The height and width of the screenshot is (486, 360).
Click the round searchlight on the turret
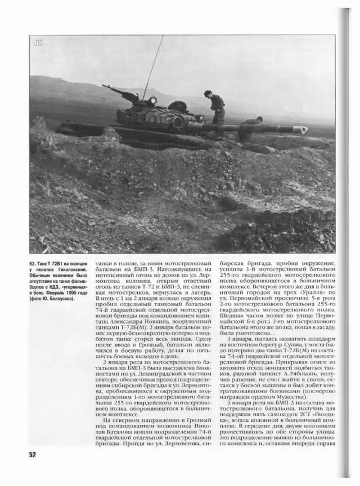(x=152, y=101)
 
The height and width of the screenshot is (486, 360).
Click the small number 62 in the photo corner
(x=38, y=42)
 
